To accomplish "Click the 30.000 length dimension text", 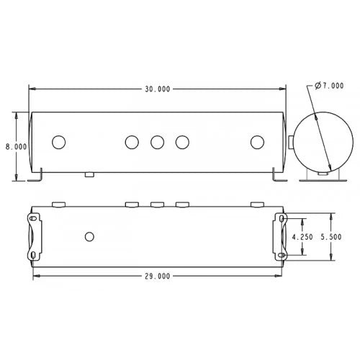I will pos(158,89).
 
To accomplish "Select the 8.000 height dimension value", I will pos(17,146).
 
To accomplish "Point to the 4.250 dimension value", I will pos(303,236).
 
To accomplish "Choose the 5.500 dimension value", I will pos(339,236).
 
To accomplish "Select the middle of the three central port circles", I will pos(157,142).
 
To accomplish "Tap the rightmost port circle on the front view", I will pos(257,142).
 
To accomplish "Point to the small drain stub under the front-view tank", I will pos(89,174).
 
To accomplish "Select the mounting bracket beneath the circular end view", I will pos(322,175).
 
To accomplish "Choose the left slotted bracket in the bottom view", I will pos(34,236).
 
